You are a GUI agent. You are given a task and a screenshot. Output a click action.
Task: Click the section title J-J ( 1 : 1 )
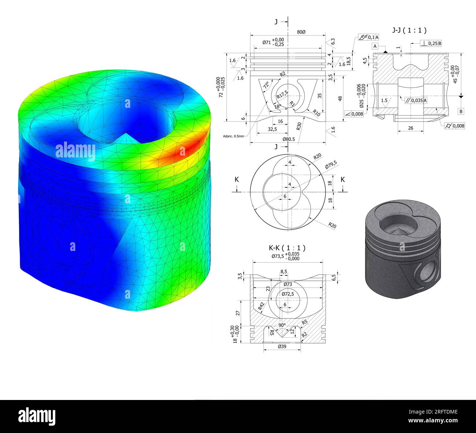pos(409,30)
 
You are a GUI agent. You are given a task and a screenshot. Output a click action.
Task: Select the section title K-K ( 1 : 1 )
pos(287,248)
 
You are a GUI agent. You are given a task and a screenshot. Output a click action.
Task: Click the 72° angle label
pos(266,85)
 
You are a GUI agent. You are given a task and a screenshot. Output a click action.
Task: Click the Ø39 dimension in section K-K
pos(282,346)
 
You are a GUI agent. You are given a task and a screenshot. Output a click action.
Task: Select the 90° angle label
pos(282,325)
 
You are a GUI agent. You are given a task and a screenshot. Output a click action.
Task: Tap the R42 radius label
pos(261,306)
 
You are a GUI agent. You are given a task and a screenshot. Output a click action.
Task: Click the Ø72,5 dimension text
pos(288,294)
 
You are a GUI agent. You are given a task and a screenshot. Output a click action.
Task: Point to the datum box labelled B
pos(461,111)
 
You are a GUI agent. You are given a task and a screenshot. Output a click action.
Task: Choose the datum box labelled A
pos(375,46)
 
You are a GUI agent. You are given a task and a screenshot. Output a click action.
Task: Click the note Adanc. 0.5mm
pos(233,136)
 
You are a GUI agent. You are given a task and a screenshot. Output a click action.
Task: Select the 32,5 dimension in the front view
pos(272,129)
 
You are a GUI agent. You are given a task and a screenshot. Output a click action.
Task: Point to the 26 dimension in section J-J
pos(410,128)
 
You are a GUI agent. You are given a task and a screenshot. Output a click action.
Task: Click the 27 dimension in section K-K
pos(238,313)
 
